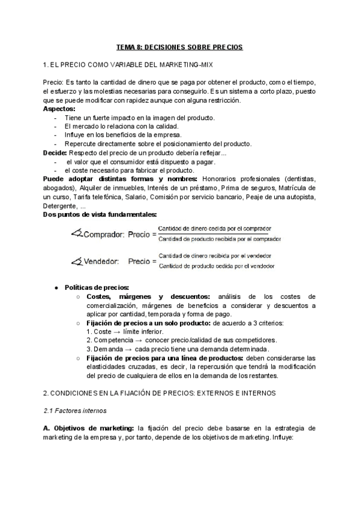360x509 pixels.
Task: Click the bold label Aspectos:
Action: pyautogui.click(x=59, y=109)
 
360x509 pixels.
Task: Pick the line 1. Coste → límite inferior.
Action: pyautogui.click(x=124, y=331)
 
